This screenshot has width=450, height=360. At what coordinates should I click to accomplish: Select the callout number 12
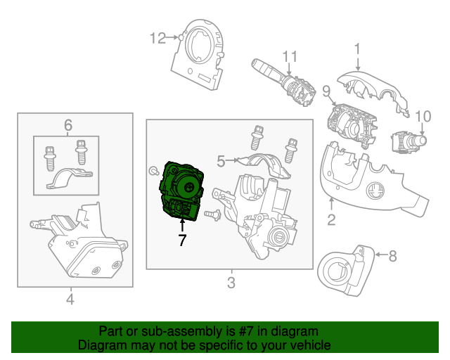pyautogui.click(x=158, y=37)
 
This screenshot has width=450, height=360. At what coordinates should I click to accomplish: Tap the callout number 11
pyautogui.click(x=290, y=56)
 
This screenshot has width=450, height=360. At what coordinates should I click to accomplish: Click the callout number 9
pyautogui.click(x=326, y=91)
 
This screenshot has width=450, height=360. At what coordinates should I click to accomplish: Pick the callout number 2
pyautogui.click(x=330, y=220)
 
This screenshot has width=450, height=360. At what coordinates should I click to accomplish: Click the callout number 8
pyautogui.click(x=392, y=256)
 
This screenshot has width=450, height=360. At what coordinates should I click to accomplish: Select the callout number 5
pyautogui.click(x=221, y=162)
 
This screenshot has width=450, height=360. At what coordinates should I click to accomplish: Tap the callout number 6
pyautogui.click(x=68, y=125)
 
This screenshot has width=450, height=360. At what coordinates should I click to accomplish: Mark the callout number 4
pyautogui.click(x=70, y=300)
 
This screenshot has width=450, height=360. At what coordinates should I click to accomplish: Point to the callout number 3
pyautogui.click(x=231, y=283)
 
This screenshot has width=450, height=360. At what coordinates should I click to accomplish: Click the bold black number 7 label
pyautogui.click(x=182, y=240)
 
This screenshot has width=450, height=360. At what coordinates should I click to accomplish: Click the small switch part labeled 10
pyautogui.click(x=408, y=142)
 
